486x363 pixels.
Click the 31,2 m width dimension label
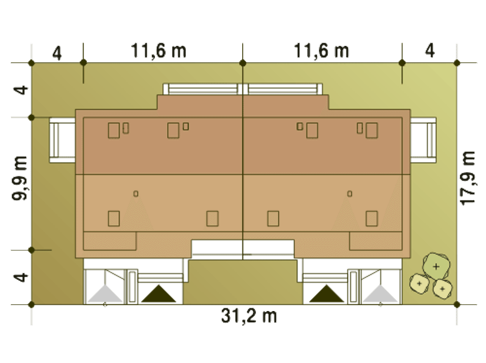click(x=249, y=316)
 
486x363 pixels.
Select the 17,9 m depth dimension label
click(x=468, y=178)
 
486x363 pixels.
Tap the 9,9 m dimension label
click(x=20, y=178)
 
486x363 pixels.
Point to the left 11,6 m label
click(x=159, y=51)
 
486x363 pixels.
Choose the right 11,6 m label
click(x=322, y=51)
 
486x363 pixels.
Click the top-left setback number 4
click(x=57, y=53)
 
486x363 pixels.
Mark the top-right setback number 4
click(x=430, y=51)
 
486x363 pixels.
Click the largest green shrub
click(x=436, y=267)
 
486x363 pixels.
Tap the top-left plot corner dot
click(x=32, y=63)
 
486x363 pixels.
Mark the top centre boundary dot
click(x=243, y=63)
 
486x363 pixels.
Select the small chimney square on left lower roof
click(x=136, y=194)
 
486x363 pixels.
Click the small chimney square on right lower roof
click(x=350, y=194)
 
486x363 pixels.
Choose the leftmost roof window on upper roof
click(x=114, y=130)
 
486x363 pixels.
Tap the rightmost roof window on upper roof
click(x=372, y=130)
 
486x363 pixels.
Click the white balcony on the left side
click(x=62, y=140)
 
